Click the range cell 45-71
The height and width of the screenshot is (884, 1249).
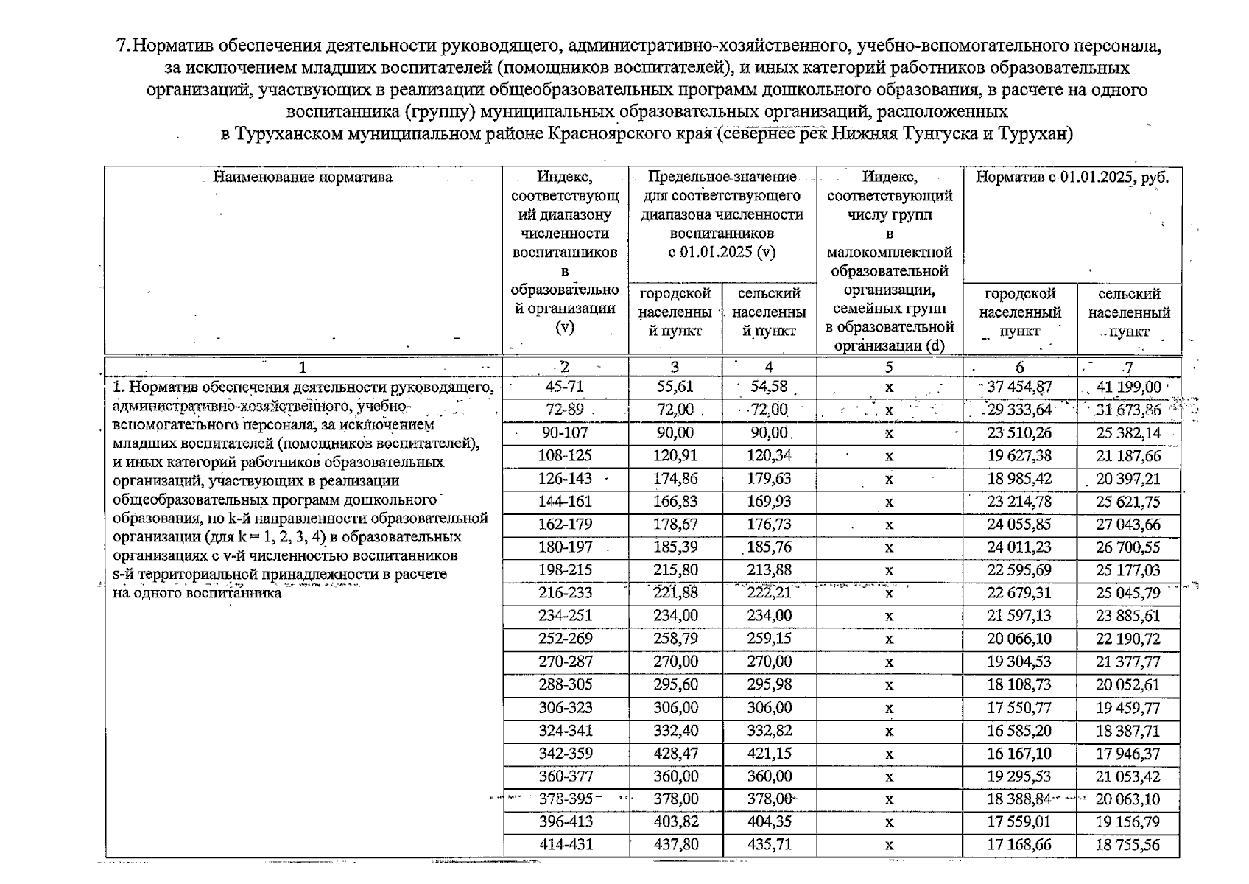pos(565,387)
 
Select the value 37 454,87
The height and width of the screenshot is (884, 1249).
pos(1019,387)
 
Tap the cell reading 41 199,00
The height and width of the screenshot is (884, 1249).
pos(1127,387)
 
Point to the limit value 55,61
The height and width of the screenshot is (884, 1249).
pos(675,387)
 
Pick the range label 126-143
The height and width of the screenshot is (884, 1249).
pos(565,479)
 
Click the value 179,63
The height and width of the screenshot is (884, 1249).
pos(769,479)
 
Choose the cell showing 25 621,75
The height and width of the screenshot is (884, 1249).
pos(1127,502)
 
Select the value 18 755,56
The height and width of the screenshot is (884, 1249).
pos(1127,845)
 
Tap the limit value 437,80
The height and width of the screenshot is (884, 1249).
pos(675,845)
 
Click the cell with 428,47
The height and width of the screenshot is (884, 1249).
pos(675,754)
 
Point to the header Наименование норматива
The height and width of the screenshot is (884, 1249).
pos(303,178)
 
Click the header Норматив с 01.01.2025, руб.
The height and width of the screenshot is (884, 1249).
pos(1072,178)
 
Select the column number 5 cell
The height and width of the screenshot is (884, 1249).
pos(889,367)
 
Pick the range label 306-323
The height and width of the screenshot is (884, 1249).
pos(565,708)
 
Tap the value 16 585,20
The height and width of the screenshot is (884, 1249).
pos(1019,731)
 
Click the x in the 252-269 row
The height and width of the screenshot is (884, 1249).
pos(889,639)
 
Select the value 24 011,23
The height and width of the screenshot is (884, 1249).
pos(1019,547)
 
